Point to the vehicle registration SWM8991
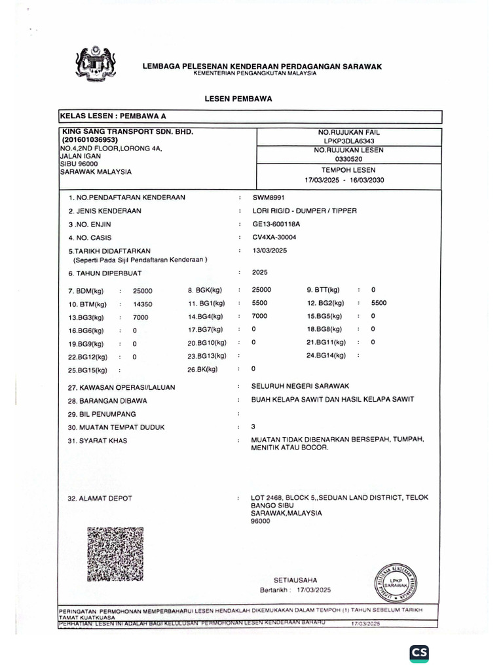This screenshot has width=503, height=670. tap(269, 197)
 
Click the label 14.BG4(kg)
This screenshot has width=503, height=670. tap(206, 317)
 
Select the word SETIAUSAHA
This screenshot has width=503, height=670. tap(295, 580)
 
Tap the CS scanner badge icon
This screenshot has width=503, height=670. tap(419, 653)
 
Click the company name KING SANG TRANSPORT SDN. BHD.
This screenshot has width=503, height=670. tap(127, 132)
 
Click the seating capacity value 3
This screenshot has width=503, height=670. tap(253, 426)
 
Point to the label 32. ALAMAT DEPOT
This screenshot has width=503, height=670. tap(100, 499)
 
